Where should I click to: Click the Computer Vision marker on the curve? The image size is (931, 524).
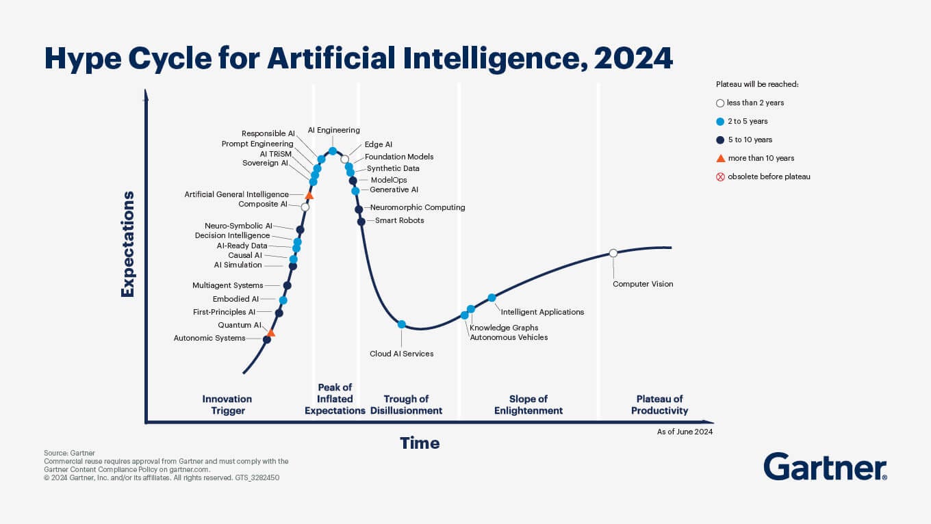[613, 253]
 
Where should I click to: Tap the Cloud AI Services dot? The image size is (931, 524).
[402, 324]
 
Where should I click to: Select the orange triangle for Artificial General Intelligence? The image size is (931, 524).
[309, 196]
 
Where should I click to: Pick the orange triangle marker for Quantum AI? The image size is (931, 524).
[270, 333]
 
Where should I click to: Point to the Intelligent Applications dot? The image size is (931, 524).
[492, 298]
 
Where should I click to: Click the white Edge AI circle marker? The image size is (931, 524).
[345, 159]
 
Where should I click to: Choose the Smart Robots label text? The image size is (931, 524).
[399, 220]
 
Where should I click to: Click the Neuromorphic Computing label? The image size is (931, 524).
[417, 207]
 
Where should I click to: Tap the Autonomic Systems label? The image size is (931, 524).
[209, 338]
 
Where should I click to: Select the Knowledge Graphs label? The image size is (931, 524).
[504, 328]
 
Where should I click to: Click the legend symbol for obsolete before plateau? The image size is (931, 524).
[720, 176]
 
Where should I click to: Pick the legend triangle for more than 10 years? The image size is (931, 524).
[720, 158]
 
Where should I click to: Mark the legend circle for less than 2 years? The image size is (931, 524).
[720, 103]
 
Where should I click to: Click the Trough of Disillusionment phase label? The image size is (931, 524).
[406, 404]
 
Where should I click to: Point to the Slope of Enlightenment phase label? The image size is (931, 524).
[528, 404]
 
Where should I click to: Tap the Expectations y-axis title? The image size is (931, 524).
[127, 244]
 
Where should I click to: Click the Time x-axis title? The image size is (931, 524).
[420, 443]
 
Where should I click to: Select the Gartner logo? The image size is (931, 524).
[825, 467]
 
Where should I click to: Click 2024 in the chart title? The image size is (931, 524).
[634, 59]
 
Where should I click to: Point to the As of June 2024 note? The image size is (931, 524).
[685, 432]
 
